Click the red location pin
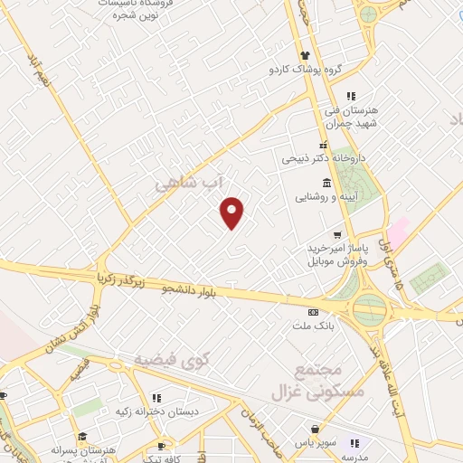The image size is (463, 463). (232, 213)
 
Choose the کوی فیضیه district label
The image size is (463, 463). (172, 360)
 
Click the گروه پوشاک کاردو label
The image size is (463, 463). (304, 69)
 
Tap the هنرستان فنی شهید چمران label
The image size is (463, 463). (354, 116)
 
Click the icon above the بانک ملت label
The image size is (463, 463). (313, 308)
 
